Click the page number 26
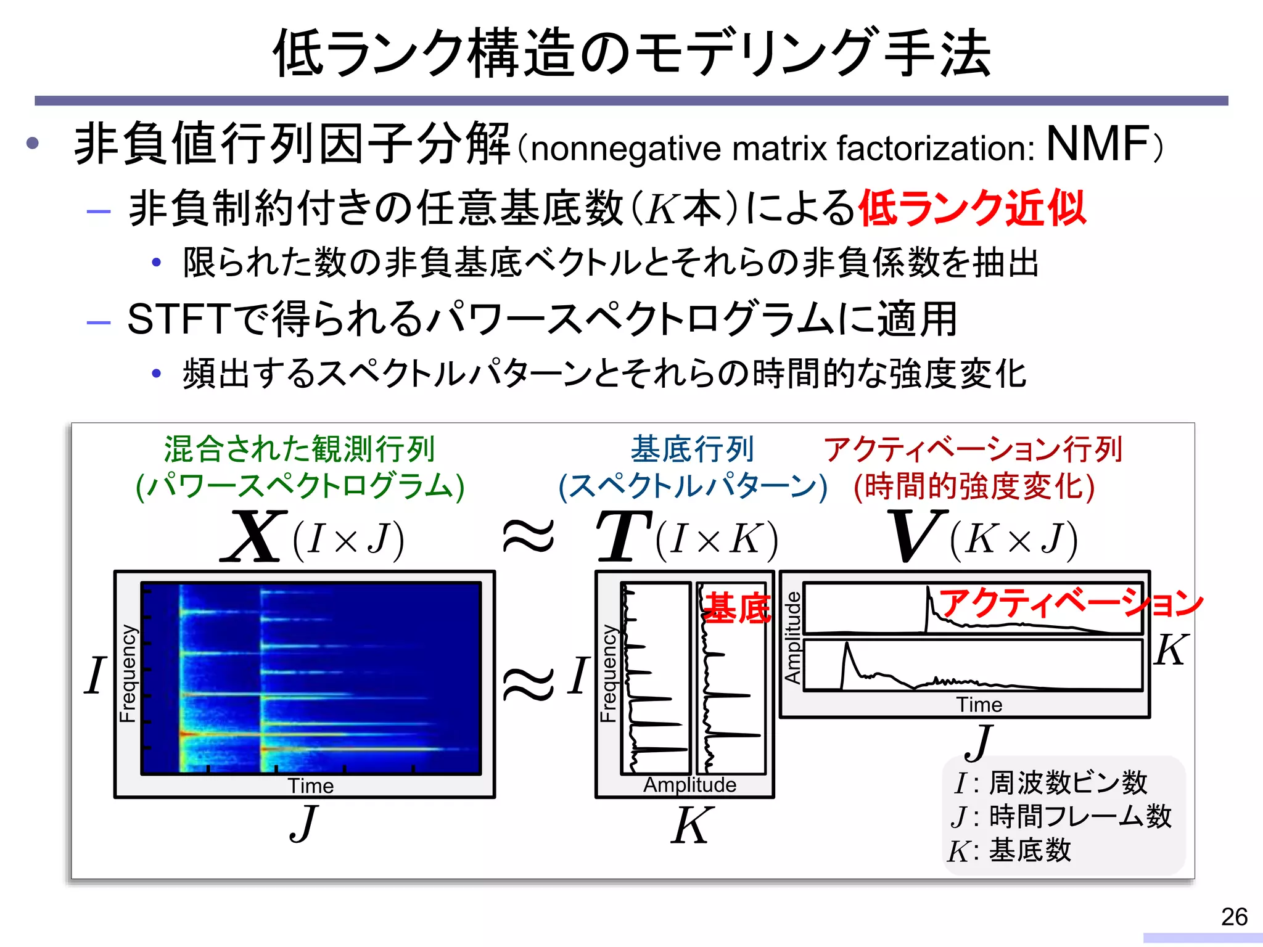point(1234,917)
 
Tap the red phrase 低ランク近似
point(972,208)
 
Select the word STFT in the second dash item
point(179,319)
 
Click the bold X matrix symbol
point(254,536)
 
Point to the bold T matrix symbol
point(623,536)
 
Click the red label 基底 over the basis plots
point(736,608)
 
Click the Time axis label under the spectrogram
point(310,786)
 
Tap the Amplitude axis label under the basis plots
point(689,785)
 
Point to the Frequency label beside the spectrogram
point(128,673)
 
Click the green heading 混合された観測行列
point(300,449)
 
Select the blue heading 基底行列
point(692,449)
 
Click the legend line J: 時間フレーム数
point(1061,816)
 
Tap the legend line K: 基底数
point(1010,851)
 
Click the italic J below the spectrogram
point(304,824)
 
